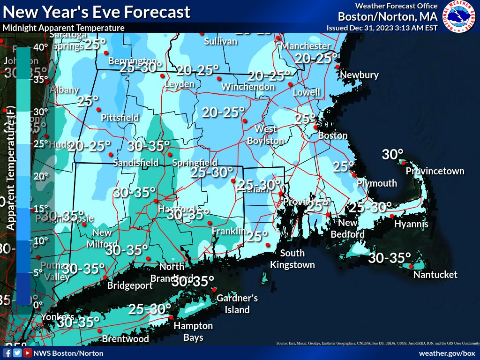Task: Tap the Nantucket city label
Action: [435, 275]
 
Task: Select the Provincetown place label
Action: [435, 171]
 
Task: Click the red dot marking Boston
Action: [315, 127]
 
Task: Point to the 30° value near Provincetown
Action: [392, 154]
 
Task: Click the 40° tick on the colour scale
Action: [40, 47]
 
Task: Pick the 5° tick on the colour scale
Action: [37, 272]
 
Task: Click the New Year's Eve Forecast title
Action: [97, 12]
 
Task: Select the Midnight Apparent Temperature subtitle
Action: [63, 28]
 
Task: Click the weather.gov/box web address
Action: [447, 353]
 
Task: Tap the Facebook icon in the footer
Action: [7, 353]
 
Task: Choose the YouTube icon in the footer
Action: [28, 353]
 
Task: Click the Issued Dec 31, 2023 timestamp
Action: [382, 28]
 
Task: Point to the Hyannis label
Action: [411, 224]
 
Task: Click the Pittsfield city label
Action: [120, 117]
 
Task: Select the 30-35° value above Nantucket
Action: [390, 258]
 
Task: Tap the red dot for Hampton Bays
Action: [171, 318]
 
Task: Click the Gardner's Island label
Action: [237, 304]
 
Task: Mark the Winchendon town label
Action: [248, 87]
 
